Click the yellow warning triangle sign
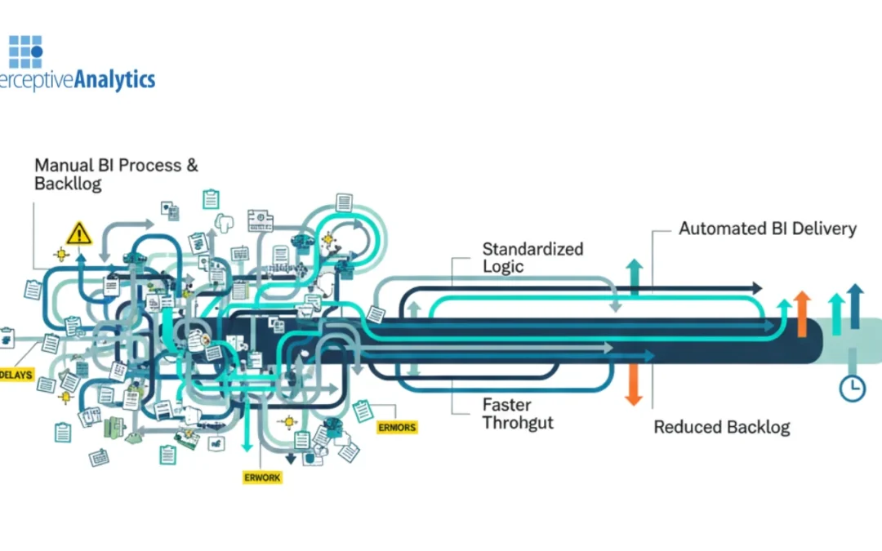click(79, 233)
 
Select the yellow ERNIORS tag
click(397, 427)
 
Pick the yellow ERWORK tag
click(263, 478)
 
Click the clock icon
click(853, 389)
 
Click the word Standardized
click(532, 248)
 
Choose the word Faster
click(506, 404)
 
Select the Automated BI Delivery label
click(767, 229)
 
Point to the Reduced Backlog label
click(721, 427)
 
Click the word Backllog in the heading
click(68, 184)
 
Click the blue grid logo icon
click(25, 51)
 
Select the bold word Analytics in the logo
click(114, 79)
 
